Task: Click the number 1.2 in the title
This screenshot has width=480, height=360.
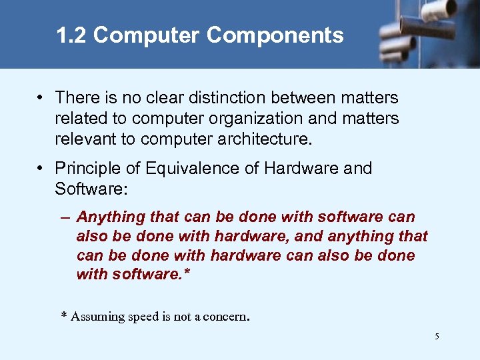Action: [72, 35]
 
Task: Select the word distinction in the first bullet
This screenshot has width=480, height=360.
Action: [216, 98]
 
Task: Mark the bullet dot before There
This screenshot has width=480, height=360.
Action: [41, 98]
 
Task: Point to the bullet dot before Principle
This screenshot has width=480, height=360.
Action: [41, 169]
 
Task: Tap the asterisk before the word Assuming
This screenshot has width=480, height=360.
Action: [64, 315]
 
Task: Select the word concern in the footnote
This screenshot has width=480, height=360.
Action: [227, 317]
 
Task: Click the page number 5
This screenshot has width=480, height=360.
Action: [437, 337]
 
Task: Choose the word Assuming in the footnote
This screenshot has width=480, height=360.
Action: [97, 317]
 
